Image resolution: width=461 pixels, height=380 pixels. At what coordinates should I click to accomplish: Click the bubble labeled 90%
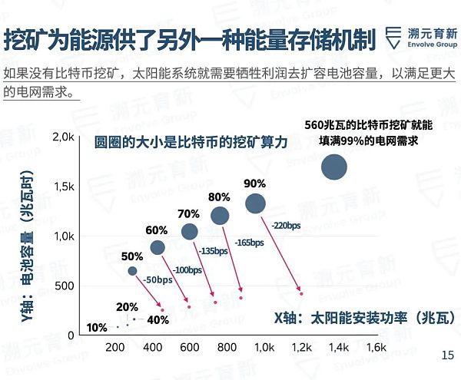click(x=255, y=203)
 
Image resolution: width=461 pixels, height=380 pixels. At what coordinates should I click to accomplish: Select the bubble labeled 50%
click(x=132, y=270)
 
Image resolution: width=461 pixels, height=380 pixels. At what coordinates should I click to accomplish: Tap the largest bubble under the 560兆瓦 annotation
click(x=334, y=167)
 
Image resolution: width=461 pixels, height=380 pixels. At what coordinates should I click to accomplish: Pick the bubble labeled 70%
click(x=189, y=231)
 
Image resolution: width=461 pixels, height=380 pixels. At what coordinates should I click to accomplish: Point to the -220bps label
click(x=286, y=226)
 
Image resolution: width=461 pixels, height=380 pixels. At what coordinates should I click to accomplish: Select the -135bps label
click(x=214, y=251)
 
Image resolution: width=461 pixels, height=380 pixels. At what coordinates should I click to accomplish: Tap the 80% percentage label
click(x=219, y=197)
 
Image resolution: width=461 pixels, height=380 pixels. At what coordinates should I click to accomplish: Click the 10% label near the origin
click(x=97, y=328)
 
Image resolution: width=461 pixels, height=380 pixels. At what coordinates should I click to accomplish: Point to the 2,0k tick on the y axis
click(x=61, y=136)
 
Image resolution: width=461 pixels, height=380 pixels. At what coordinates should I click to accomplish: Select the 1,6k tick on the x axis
click(x=375, y=348)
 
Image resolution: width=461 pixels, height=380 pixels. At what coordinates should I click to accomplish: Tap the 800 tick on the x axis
click(x=227, y=348)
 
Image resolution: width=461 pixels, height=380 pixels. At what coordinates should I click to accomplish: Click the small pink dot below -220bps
click(x=302, y=293)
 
